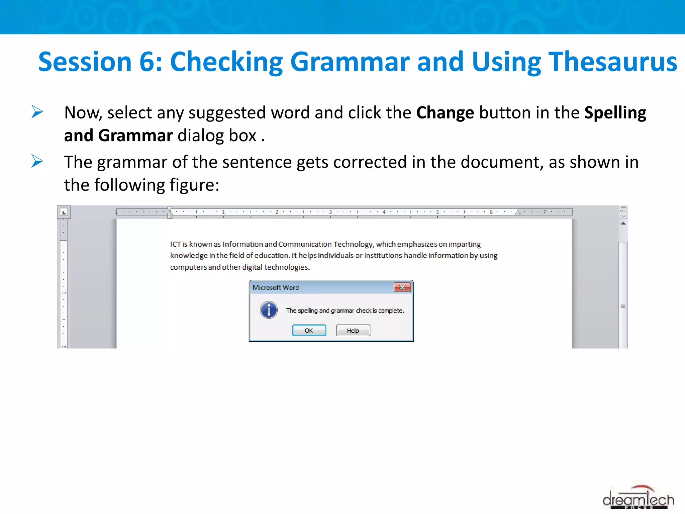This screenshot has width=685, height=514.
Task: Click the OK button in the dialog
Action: (x=309, y=330)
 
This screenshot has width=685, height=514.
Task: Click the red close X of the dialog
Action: (x=402, y=287)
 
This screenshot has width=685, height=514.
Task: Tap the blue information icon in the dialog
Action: (x=269, y=310)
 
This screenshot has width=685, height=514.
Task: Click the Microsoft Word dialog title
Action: (x=276, y=287)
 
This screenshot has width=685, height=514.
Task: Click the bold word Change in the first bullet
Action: (x=445, y=113)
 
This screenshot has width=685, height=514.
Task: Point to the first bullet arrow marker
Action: (x=37, y=112)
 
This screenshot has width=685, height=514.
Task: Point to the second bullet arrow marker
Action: (x=37, y=161)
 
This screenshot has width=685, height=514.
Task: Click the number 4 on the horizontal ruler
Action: (x=384, y=212)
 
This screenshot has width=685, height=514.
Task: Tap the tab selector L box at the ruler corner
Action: (x=64, y=212)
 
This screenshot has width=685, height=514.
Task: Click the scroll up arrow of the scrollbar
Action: (x=623, y=223)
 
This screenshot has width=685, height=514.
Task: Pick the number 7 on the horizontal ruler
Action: (x=545, y=212)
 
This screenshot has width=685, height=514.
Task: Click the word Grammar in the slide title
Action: (x=350, y=62)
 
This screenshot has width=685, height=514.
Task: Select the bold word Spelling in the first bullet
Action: (x=615, y=113)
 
